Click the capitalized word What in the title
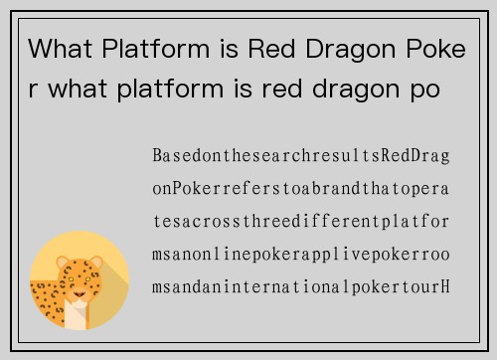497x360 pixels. pyautogui.click(x=59, y=48)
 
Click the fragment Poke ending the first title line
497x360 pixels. pyautogui.click(x=439, y=48)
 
